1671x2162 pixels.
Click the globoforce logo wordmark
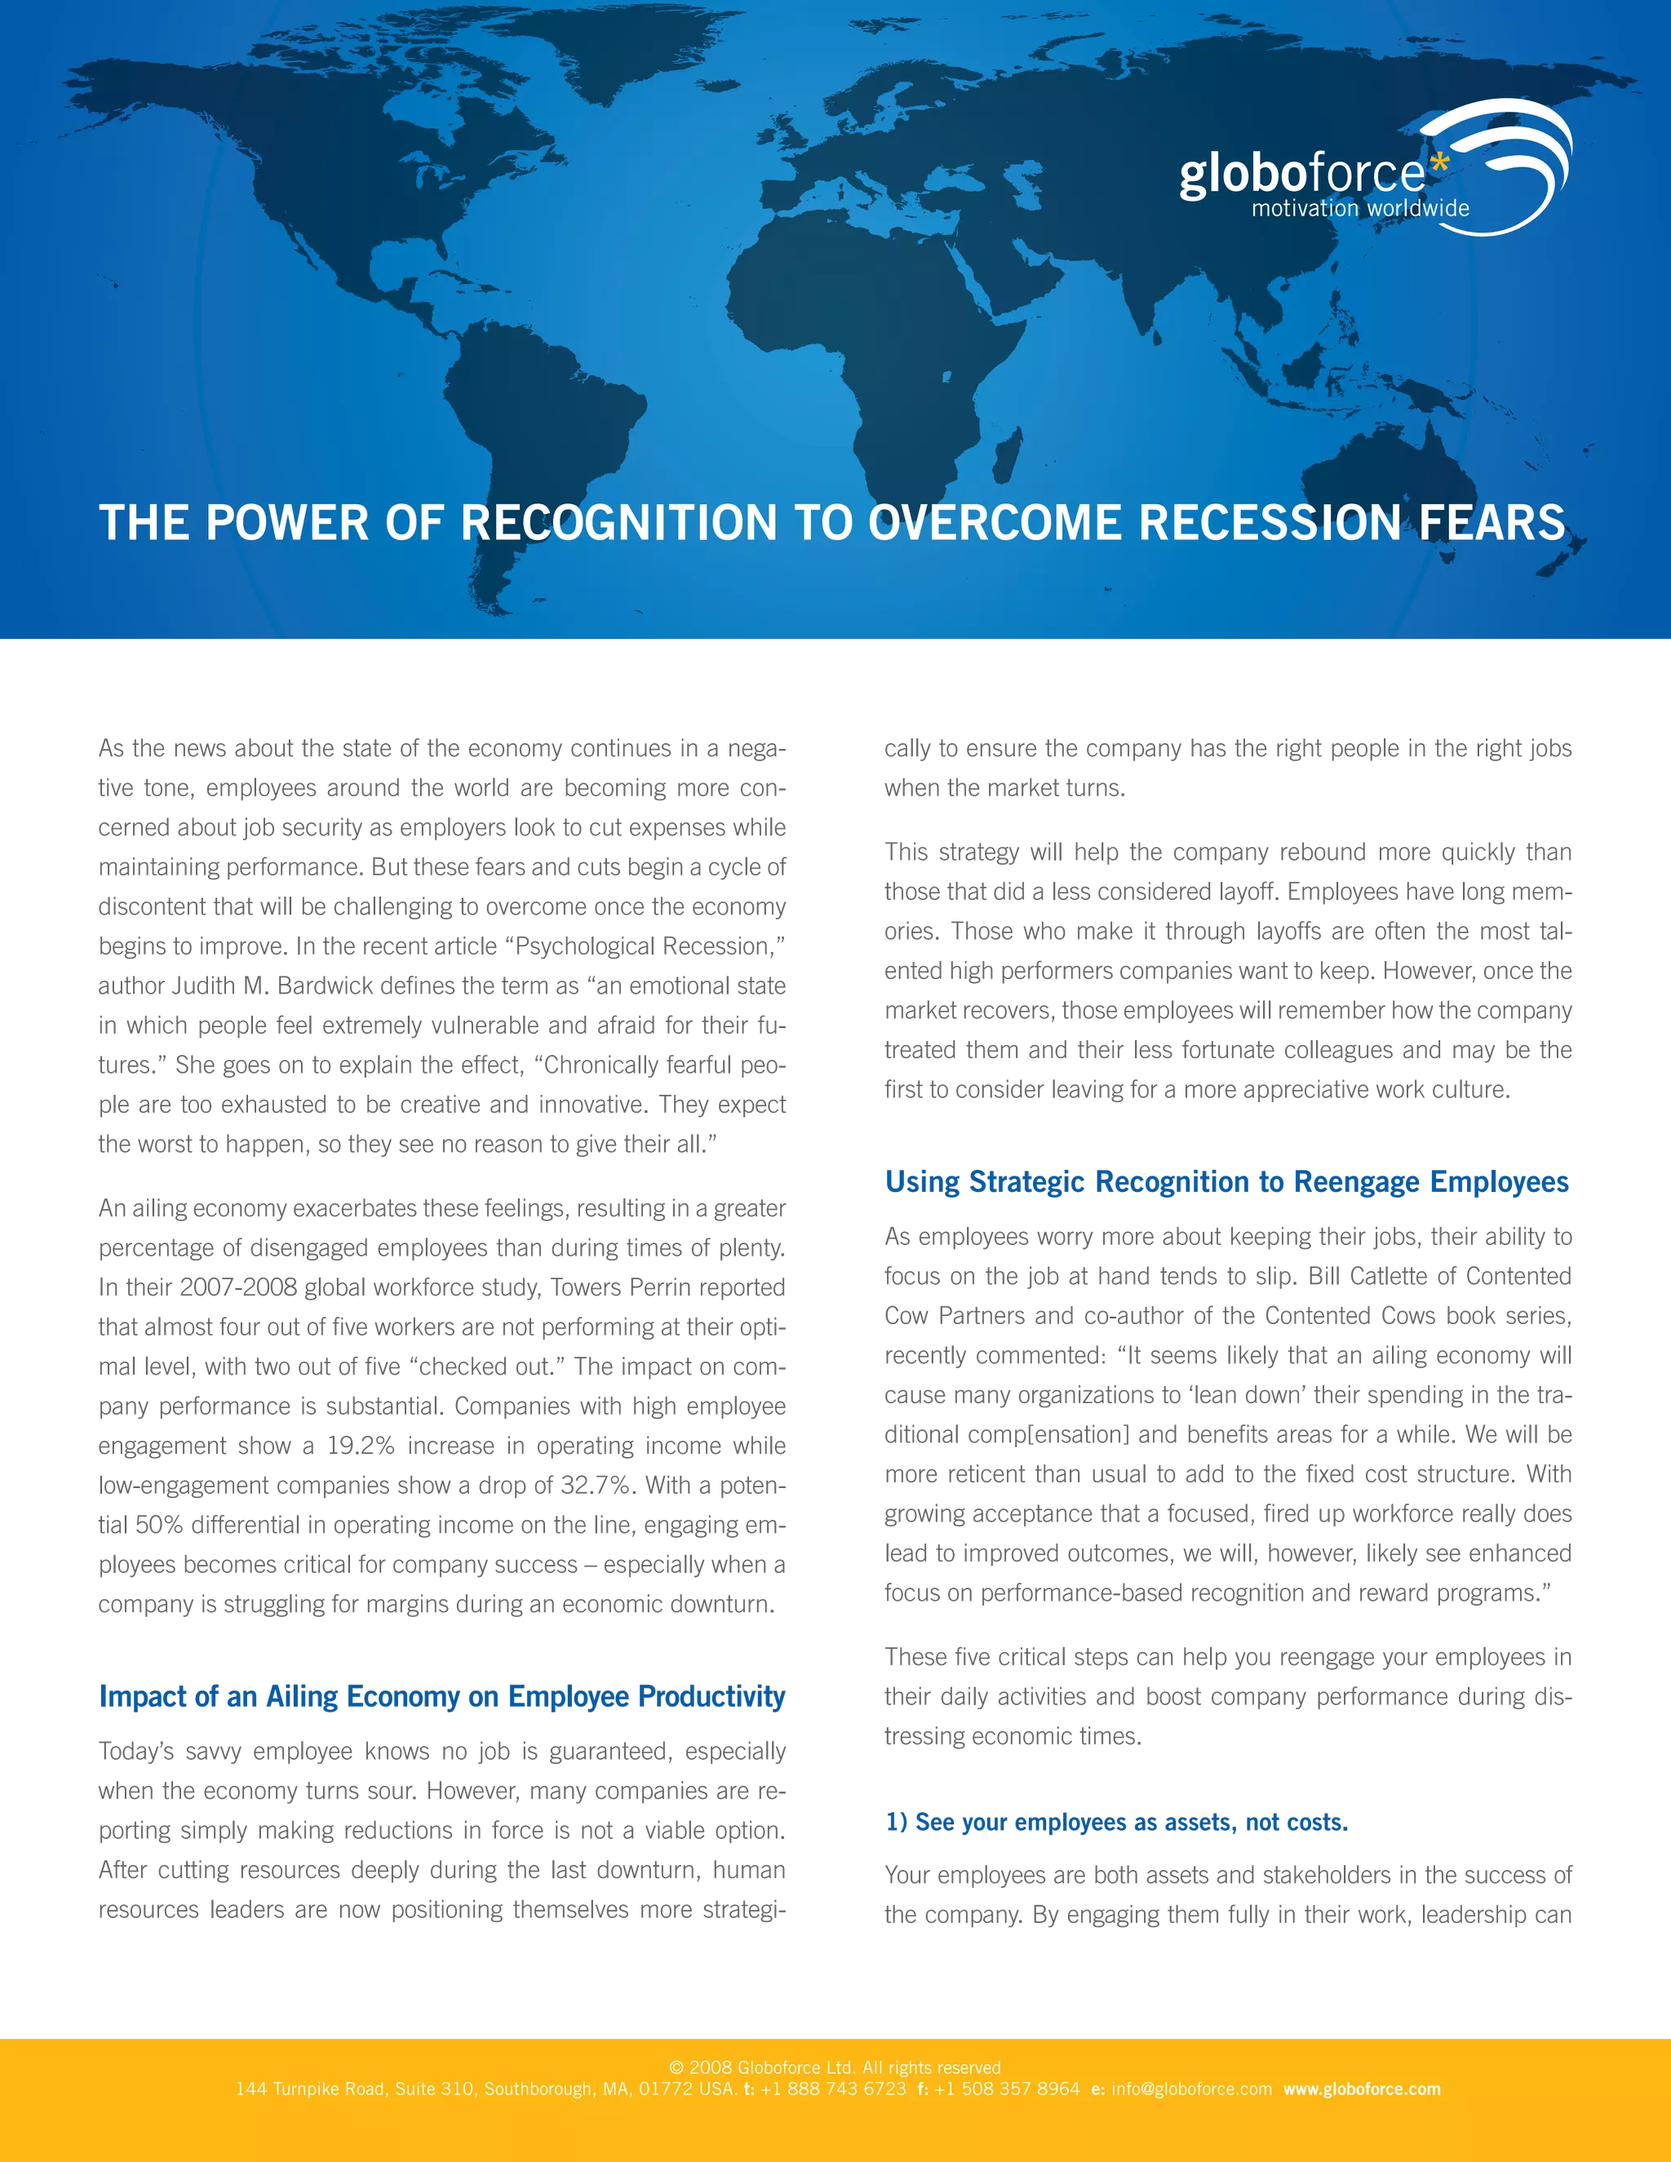tap(1301, 175)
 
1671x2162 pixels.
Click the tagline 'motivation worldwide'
tap(1360, 209)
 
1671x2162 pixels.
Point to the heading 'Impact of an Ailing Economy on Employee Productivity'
tap(441, 1697)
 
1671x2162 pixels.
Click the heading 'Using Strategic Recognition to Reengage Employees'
tap(1226, 1182)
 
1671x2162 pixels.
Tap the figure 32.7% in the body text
tap(596, 1486)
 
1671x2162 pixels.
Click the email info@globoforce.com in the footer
tap(1191, 2089)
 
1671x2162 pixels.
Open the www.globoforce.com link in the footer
tap(1362, 2089)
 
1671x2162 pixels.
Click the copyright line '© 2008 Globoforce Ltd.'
tap(761, 2068)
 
